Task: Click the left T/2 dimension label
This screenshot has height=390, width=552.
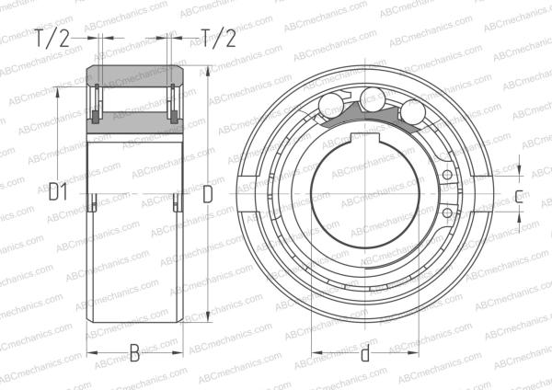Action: click(52, 38)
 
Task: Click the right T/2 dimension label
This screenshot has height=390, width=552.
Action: click(218, 38)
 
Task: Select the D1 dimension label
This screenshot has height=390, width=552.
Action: click(58, 192)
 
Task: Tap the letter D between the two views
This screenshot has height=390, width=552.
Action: click(208, 195)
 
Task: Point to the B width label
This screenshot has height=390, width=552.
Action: click(134, 353)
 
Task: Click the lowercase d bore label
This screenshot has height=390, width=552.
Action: click(365, 352)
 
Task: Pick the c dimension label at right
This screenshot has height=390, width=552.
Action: click(519, 197)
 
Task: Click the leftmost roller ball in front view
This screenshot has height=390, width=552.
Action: click(331, 104)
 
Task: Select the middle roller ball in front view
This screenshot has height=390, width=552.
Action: click(373, 99)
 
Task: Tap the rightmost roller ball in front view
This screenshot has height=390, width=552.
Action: click(413, 111)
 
